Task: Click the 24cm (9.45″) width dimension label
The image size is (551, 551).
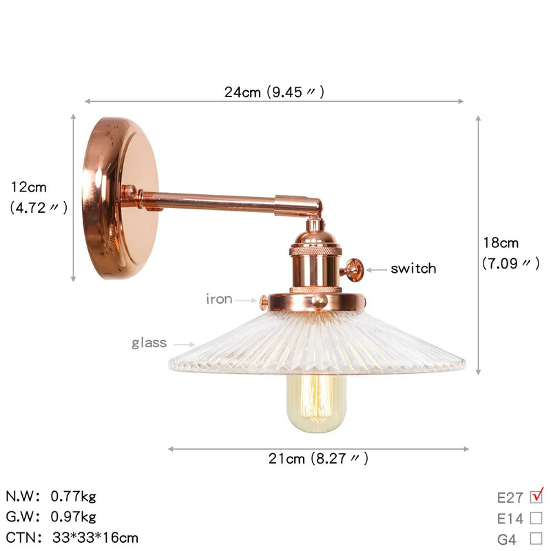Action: (274, 92)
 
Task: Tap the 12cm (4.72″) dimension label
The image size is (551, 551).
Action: (39, 198)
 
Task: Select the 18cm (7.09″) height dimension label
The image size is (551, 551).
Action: (510, 253)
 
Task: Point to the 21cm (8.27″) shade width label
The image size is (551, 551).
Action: (318, 459)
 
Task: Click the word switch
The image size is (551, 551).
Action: (414, 269)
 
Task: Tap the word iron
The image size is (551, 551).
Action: (219, 299)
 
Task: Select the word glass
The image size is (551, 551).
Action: (149, 342)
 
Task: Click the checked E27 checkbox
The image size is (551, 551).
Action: (537, 497)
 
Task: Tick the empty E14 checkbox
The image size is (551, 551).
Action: (537, 518)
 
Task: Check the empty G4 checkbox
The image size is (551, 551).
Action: (537, 539)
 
